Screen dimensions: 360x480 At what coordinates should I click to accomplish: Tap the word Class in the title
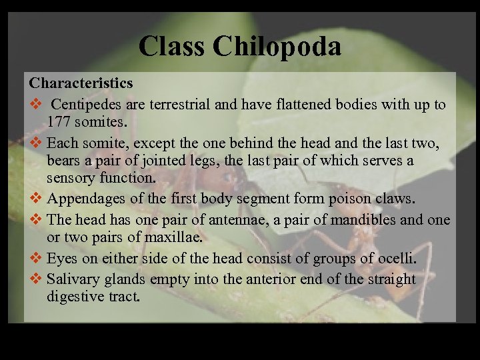point(172,46)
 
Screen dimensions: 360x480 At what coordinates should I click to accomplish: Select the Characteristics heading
point(81,83)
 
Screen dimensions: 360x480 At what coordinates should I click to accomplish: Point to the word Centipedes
point(85,105)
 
